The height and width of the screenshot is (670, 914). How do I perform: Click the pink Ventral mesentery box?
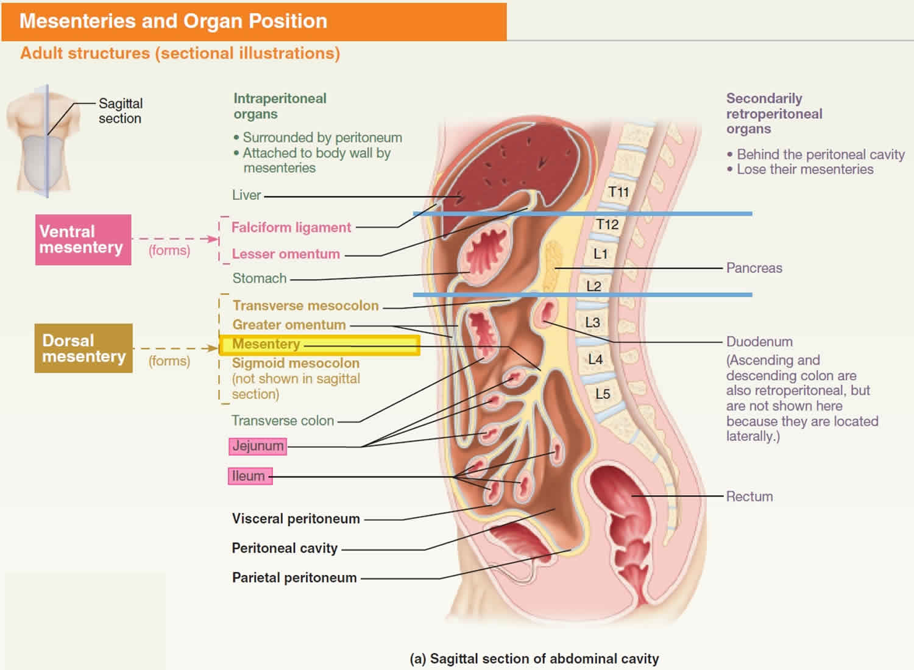(83, 239)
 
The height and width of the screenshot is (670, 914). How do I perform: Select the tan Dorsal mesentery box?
(83, 348)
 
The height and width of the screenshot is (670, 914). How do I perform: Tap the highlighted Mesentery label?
(266, 344)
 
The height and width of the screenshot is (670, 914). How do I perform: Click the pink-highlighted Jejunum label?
(258, 446)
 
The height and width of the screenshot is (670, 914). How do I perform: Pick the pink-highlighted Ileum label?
(249, 476)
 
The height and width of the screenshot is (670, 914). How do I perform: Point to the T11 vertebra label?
(618, 192)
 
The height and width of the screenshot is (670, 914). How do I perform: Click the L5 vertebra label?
(603, 394)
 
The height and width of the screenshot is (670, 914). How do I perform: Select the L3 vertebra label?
(592, 322)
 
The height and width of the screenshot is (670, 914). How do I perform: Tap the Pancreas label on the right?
(754, 268)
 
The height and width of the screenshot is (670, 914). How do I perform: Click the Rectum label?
(749, 496)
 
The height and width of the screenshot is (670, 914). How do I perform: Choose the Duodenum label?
(759, 342)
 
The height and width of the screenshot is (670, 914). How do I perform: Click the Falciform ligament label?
(291, 228)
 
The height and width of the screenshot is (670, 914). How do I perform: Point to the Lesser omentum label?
(286, 254)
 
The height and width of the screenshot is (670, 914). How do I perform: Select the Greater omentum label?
(289, 325)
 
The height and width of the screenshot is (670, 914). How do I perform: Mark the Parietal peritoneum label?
(294, 577)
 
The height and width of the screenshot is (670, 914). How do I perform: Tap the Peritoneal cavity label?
(285, 548)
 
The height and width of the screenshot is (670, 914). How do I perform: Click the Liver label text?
(246, 196)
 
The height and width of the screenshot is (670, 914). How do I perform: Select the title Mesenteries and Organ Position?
(174, 21)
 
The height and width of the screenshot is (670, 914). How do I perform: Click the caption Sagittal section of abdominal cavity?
(534, 658)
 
